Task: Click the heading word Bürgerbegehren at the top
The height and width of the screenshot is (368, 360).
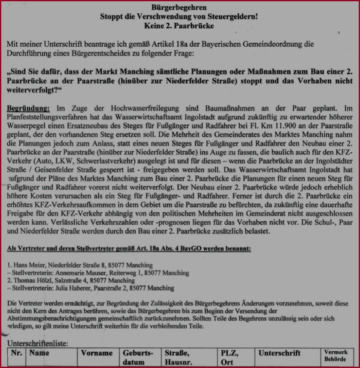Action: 179,7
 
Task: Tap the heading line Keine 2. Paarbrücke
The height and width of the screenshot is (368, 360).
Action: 179,26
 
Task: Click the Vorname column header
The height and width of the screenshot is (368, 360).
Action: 97,353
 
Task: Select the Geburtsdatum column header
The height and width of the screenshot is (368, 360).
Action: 138,358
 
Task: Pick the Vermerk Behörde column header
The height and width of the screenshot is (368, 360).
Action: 336,356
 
